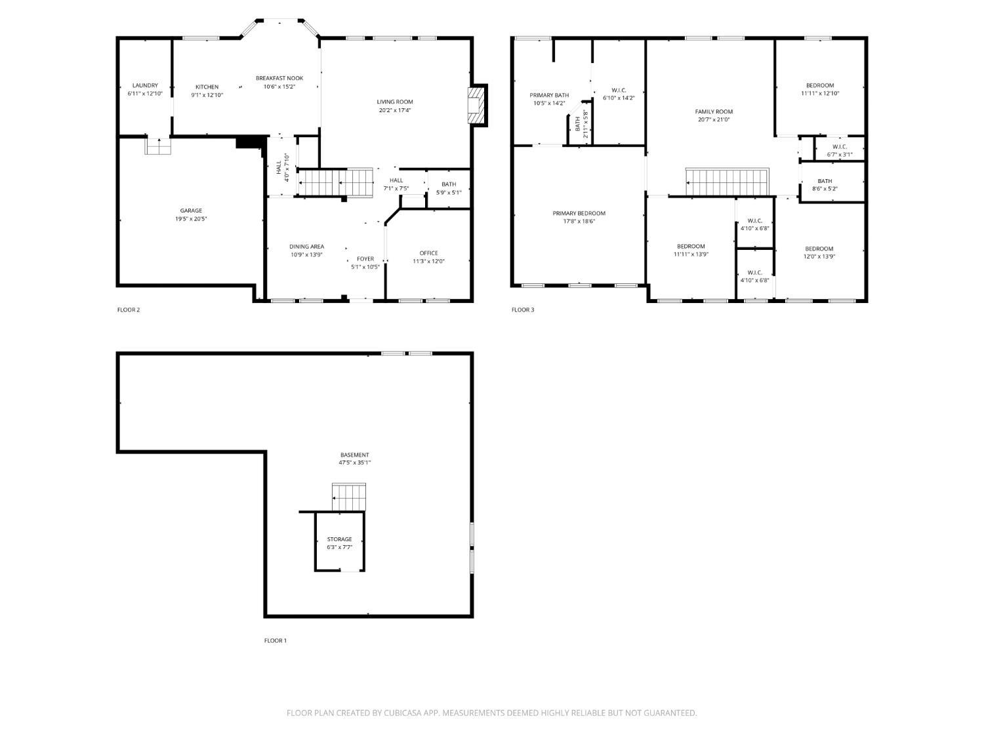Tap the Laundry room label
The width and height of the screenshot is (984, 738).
tap(145, 85)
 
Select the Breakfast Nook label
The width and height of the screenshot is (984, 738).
tap(279, 78)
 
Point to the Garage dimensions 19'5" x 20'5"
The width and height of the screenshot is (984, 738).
tap(191, 219)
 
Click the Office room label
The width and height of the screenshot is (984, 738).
tap(428, 253)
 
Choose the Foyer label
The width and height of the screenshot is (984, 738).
tap(365, 259)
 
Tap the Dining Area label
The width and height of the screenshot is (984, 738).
tap(307, 247)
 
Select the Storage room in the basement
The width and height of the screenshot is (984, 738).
tap(339, 543)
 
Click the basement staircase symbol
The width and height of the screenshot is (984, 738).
tap(348, 497)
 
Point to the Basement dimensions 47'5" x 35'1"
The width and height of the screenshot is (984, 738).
tap(354, 462)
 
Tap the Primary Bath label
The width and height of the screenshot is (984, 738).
tap(549, 95)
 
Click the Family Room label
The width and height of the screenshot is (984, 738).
tap(714, 112)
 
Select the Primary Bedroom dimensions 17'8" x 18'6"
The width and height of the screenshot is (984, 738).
tap(579, 222)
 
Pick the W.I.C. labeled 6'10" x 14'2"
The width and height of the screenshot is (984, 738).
tap(619, 94)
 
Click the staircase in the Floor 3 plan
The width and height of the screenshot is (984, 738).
tap(726, 182)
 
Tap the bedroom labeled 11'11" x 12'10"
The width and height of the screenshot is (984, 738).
tap(820, 89)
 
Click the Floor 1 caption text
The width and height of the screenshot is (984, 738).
tap(276, 641)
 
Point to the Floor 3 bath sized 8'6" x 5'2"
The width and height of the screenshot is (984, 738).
tap(825, 185)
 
